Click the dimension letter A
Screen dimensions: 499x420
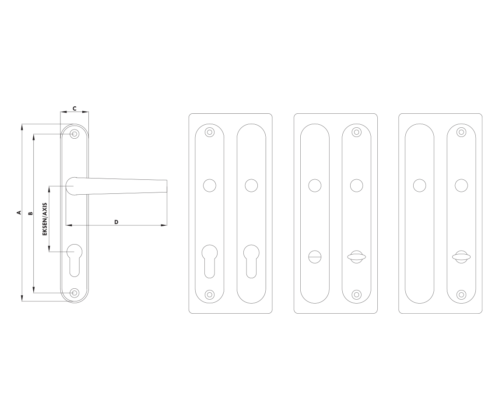pos(19,212)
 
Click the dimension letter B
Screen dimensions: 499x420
pos(31,213)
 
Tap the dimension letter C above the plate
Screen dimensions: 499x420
pos(74,108)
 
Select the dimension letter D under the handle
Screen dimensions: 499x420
pos(116,222)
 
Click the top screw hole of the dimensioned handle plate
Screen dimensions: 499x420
pos(74,134)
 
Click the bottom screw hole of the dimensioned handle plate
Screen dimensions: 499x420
pos(74,293)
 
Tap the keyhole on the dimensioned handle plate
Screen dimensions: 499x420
pos(74,260)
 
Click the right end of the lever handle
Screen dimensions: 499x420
pos(166,186)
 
